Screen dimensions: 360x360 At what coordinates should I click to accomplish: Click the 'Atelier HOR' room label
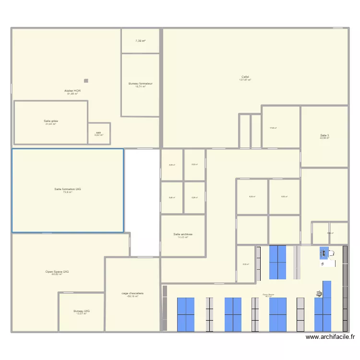72,90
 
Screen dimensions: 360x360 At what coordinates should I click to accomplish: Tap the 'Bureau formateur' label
140,84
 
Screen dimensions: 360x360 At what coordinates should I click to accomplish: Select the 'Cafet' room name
245,77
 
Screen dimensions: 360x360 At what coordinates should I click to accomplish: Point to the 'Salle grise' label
51,121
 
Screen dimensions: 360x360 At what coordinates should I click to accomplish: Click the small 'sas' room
98,132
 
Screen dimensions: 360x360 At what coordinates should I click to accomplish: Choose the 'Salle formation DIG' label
68,189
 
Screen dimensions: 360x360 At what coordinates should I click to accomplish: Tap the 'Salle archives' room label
183,234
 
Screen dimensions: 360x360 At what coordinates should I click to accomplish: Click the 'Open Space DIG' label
57,272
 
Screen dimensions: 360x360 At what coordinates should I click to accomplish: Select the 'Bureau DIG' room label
82,311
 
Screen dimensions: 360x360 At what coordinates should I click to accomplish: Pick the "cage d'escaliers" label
132,293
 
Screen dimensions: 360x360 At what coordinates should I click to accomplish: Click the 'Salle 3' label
325,135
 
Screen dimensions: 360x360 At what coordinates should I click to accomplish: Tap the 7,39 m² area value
140,41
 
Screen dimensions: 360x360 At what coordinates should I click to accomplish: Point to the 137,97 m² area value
245,80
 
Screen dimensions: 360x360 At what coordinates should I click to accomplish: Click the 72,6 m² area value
68,192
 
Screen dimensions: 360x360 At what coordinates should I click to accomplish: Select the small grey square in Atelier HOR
86,81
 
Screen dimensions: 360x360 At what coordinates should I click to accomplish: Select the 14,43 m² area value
183,237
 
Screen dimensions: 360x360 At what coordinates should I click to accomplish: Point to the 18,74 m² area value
140,86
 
